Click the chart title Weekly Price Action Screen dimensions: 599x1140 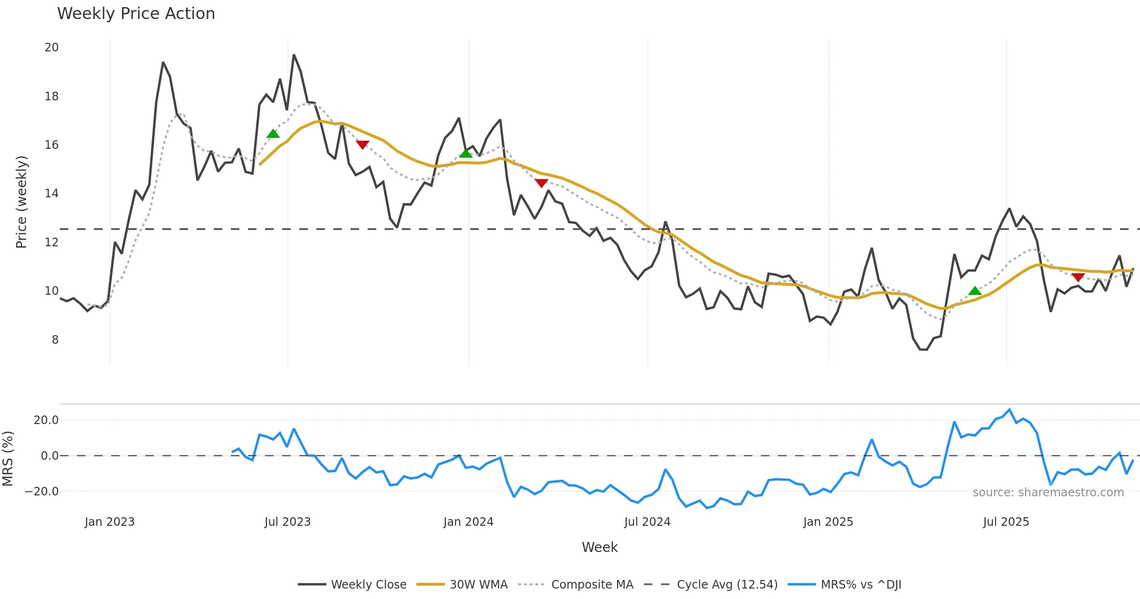tap(136, 14)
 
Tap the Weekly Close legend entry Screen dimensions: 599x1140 tap(368, 584)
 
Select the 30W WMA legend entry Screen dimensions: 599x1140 tap(478, 584)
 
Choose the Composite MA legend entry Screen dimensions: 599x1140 tap(592, 584)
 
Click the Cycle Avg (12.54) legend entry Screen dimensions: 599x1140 tap(727, 584)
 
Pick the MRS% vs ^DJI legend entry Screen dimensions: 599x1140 tap(861, 584)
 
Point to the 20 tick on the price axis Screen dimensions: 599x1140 tap(52, 48)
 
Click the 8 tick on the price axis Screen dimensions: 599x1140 tap(55, 340)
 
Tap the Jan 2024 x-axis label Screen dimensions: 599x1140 tap(468, 522)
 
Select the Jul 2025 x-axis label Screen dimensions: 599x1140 tap(1006, 522)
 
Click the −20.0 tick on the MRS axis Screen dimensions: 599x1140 tap(42, 492)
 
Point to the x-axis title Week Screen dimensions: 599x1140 tap(599, 548)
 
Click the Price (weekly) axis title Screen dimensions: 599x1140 tap(22, 202)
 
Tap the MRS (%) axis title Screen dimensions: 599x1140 tap(8, 459)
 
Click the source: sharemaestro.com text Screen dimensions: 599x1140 tap(1048, 493)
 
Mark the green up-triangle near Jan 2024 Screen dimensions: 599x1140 tap(466, 153)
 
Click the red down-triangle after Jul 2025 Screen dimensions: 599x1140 tap(1078, 277)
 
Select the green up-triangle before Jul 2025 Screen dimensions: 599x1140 tap(975, 290)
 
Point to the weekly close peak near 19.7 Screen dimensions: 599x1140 tap(294, 55)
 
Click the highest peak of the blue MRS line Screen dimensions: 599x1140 tap(1009, 409)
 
